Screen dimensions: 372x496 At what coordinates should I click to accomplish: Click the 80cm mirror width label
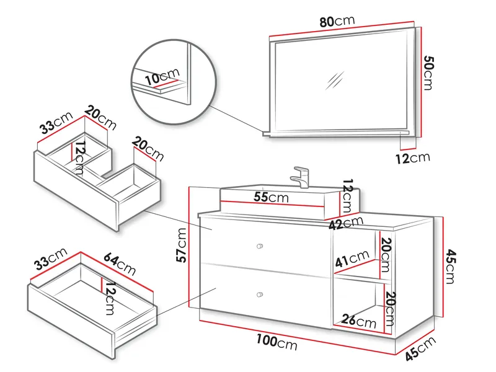click(337, 21)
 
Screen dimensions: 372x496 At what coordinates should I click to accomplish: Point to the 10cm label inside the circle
click(161, 78)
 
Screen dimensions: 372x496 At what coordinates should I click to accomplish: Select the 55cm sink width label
click(270, 198)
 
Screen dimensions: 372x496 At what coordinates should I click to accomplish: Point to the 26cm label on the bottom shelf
click(359, 322)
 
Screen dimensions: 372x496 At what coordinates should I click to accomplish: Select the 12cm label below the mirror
click(412, 157)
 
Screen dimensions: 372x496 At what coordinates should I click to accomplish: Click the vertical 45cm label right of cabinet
click(451, 266)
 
